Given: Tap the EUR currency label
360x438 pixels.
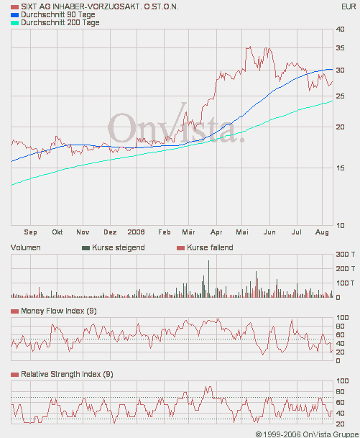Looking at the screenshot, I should point(348,6).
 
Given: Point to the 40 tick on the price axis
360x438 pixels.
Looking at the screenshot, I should point(340,29).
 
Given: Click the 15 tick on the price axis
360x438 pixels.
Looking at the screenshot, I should point(340,168).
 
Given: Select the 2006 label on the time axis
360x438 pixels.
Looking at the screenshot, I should point(137,232).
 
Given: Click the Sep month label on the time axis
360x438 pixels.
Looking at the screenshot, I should point(30,232).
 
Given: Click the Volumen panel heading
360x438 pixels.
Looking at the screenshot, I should point(26,247).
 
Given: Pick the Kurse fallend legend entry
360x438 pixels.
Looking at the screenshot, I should point(209,247).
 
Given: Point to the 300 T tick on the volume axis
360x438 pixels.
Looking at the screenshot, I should point(346,255).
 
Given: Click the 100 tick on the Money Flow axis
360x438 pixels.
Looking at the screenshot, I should point(343,317).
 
